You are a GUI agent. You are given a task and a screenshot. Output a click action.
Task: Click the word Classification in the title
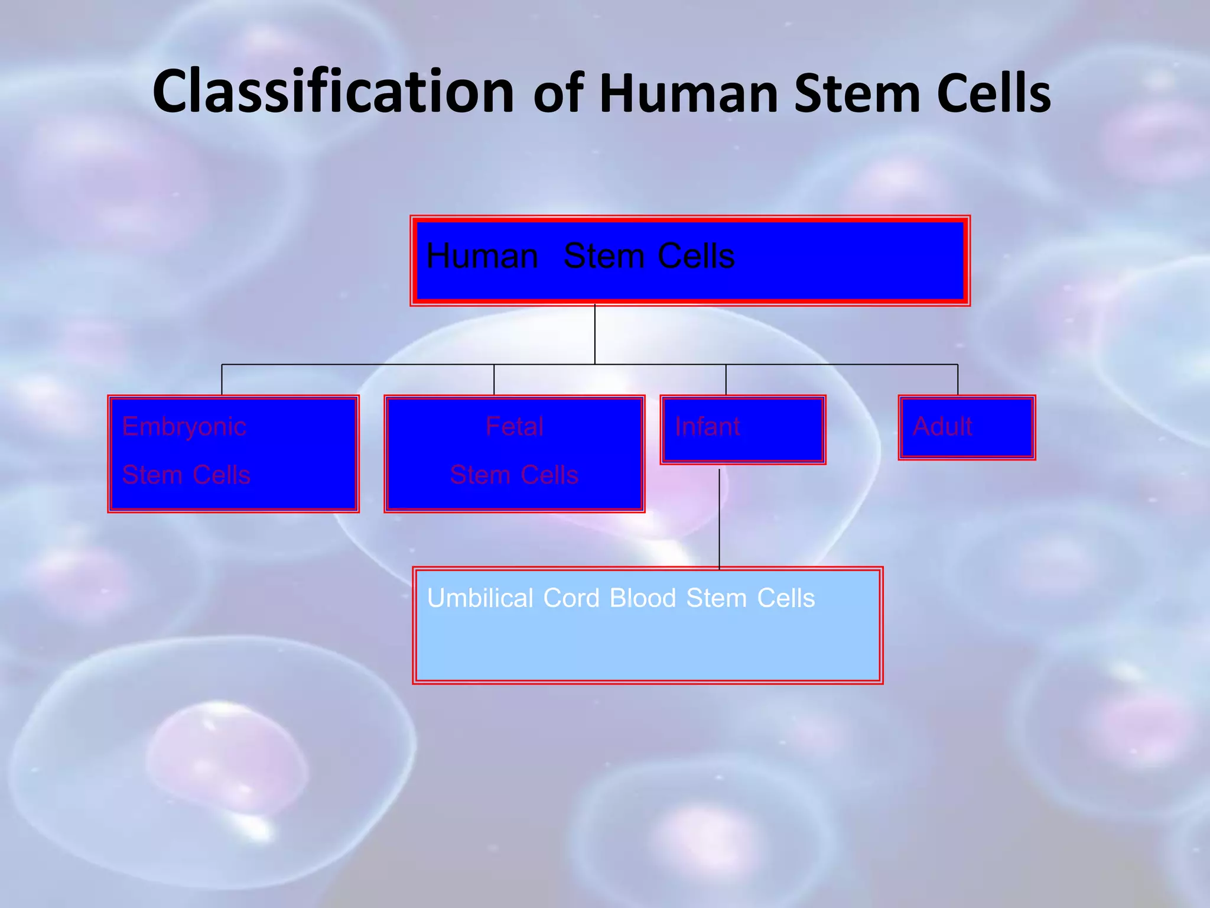tap(333, 92)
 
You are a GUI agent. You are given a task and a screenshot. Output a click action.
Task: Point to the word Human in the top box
tap(482, 257)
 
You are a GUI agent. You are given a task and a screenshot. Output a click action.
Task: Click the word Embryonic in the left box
tap(184, 427)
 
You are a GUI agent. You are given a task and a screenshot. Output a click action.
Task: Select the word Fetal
tap(514, 426)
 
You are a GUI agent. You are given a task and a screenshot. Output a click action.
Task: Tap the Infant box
tap(743, 430)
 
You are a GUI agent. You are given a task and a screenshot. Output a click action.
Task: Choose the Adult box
tap(967, 427)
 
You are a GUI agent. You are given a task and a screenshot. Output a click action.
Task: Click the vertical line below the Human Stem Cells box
tap(595, 335)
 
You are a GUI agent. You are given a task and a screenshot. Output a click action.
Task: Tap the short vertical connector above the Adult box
tap(958, 380)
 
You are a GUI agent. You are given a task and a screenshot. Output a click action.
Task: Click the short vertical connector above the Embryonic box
tap(222, 380)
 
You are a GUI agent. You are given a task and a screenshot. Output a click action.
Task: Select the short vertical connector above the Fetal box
tap(494, 380)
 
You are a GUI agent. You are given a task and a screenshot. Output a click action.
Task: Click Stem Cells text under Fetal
tap(514, 475)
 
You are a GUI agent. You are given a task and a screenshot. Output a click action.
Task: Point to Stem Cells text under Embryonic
tap(186, 475)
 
